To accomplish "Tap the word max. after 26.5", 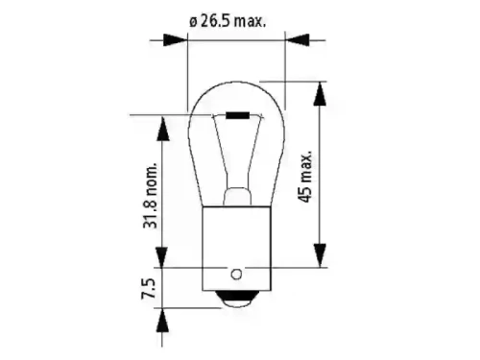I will pos(254,19).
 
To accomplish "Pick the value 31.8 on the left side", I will pos(148,215).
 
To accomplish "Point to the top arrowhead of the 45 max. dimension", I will pos(320,91).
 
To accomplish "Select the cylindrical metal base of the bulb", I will pos(235,245).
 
